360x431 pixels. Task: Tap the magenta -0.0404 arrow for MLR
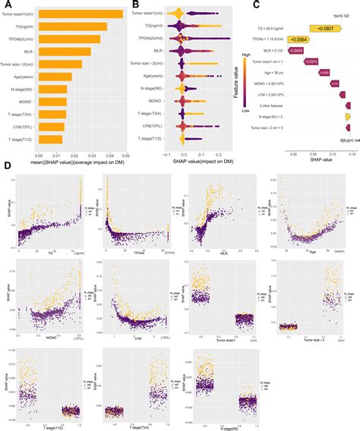(x=296, y=50)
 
